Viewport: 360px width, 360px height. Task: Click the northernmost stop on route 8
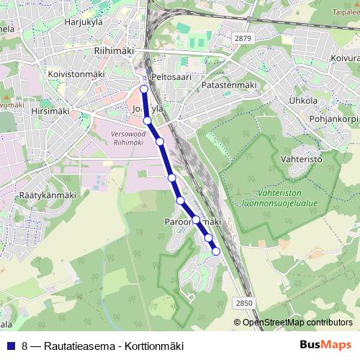point(144,89)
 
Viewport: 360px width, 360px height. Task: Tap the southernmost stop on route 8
point(216,251)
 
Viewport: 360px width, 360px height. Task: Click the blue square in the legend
point(11,346)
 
